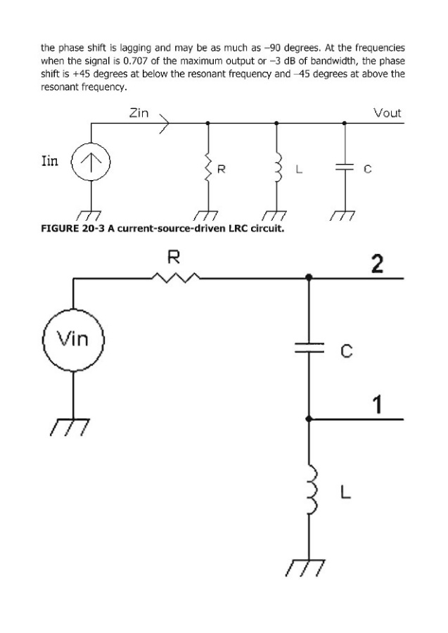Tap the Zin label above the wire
tap(138, 113)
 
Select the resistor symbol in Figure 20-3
tap(207, 169)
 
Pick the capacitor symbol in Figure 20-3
tap(344, 169)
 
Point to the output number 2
tap(378, 264)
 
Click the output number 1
tap(378, 404)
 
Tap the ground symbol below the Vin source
tap(70, 426)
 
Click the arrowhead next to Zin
tap(165, 124)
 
